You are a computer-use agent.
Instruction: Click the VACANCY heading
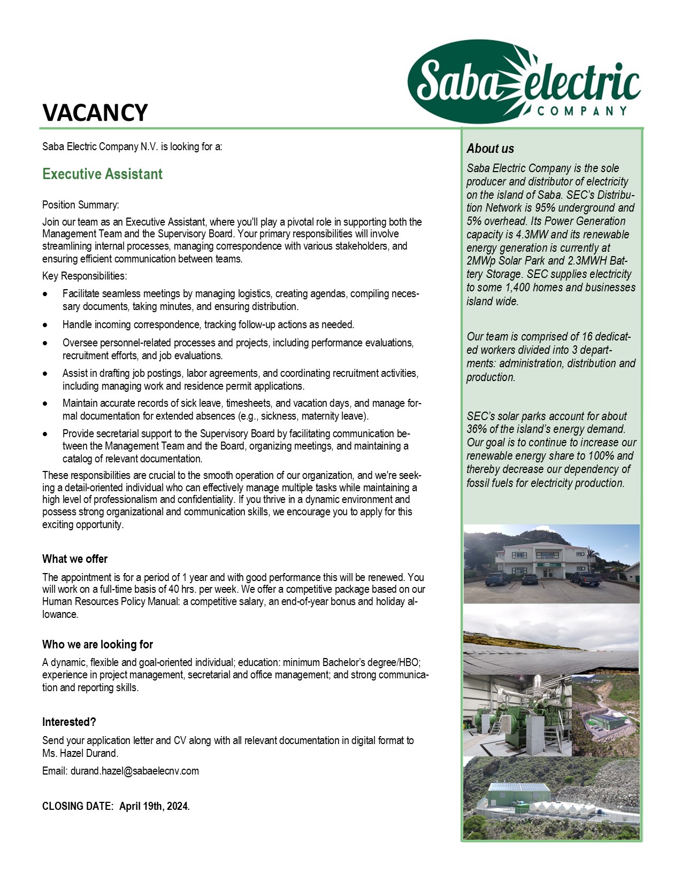click(x=95, y=113)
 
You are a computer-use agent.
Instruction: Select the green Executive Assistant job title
click(x=102, y=174)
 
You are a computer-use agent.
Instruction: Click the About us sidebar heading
click(x=490, y=149)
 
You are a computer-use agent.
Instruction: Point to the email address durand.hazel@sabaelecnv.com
click(x=134, y=771)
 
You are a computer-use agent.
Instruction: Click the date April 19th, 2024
click(x=154, y=806)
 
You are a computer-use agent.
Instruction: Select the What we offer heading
click(x=75, y=559)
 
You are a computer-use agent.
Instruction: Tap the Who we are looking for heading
click(x=97, y=645)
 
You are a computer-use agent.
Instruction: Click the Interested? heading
click(x=69, y=722)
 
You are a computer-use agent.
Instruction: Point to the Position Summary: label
click(x=81, y=205)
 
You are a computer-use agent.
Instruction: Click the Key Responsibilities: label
click(x=85, y=276)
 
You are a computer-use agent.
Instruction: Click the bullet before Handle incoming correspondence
click(x=47, y=325)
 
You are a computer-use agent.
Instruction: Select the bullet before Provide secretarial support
click(x=47, y=434)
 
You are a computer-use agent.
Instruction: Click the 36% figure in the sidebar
click(x=477, y=429)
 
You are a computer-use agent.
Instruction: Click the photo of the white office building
click(x=551, y=563)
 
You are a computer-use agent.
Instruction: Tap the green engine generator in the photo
click(x=516, y=717)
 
